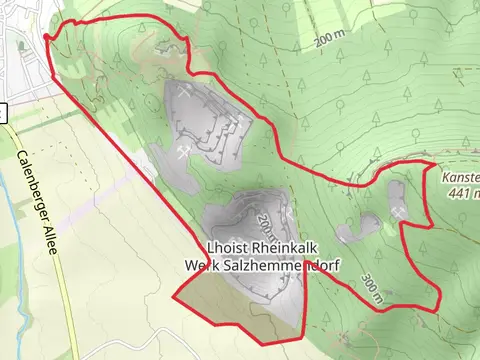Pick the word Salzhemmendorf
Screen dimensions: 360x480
click(273, 266)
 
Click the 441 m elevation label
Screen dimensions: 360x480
click(463, 193)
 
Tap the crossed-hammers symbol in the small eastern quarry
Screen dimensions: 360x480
click(399, 212)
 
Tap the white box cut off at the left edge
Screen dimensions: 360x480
click(3, 113)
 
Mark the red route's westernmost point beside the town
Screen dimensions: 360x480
click(45, 37)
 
